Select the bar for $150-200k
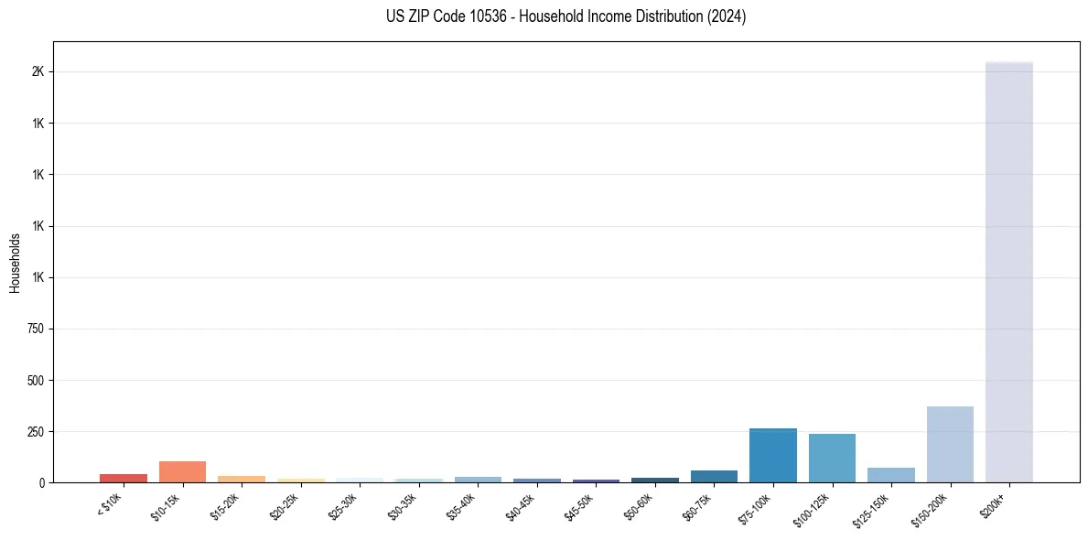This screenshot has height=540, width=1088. pyautogui.click(x=950, y=445)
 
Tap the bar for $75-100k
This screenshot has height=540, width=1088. pyautogui.click(x=772, y=456)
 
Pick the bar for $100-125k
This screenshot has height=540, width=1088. pyautogui.click(x=832, y=459)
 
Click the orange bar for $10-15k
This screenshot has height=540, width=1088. pyautogui.click(x=182, y=472)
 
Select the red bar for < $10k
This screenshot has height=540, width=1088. pyautogui.click(x=124, y=478)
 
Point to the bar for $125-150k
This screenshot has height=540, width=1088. pyautogui.click(x=890, y=475)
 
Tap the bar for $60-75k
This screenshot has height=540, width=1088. pyautogui.click(x=714, y=476)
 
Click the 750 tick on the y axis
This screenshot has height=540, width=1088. pyautogui.click(x=35, y=329)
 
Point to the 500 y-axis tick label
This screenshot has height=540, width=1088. pyautogui.click(x=35, y=380)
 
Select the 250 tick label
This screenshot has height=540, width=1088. pyautogui.click(x=35, y=431)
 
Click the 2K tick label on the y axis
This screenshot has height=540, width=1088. pyautogui.click(x=38, y=71)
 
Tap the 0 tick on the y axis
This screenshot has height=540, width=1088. pyautogui.click(x=41, y=482)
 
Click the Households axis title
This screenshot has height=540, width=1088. pyautogui.click(x=15, y=262)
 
